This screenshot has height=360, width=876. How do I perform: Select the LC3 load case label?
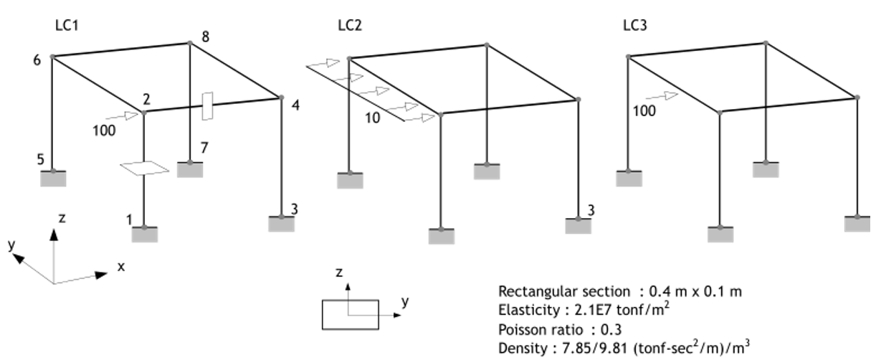coord(635,25)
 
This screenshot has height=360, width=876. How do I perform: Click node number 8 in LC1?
coord(206,36)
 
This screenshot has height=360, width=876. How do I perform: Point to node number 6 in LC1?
coord(37,60)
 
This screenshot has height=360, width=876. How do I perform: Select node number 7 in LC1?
coord(204,148)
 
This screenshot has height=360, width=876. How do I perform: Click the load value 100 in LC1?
coord(103,129)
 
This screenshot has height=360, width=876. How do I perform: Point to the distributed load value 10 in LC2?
coord(372,118)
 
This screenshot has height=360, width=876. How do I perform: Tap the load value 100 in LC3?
coord(644,110)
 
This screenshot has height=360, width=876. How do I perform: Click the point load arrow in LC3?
coord(661,95)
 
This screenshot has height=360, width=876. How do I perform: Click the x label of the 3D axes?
coord(121,266)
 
